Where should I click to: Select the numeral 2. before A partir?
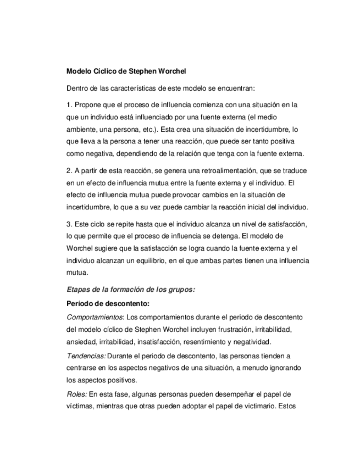(69, 171)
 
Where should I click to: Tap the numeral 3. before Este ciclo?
(69, 225)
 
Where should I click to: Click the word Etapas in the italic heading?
(79, 290)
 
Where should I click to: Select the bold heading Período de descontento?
(108, 303)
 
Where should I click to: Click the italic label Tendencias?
(86, 356)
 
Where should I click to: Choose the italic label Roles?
(76, 394)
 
